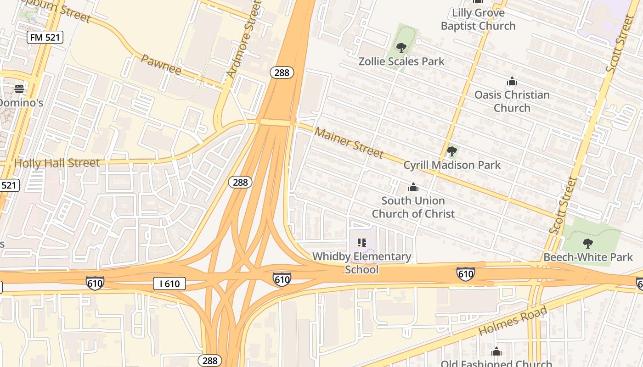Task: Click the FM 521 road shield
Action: click(x=45, y=37)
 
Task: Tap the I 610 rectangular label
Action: click(x=169, y=284)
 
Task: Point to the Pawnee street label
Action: click(x=161, y=65)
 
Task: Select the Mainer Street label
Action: click(x=349, y=142)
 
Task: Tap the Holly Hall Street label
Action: click(x=56, y=163)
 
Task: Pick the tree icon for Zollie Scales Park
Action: click(x=401, y=47)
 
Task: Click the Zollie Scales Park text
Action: click(x=401, y=61)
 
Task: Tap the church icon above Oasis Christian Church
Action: click(x=512, y=82)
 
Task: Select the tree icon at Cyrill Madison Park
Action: click(x=451, y=151)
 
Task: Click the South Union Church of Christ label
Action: click(x=413, y=207)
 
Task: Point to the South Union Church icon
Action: click(x=413, y=187)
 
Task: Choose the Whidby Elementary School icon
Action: click(x=362, y=242)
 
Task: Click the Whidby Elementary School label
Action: click(x=362, y=263)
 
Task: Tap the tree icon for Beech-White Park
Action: click(x=587, y=243)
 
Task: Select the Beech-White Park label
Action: click(x=588, y=257)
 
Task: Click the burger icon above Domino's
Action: click(x=19, y=89)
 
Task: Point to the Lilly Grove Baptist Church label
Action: click(x=478, y=19)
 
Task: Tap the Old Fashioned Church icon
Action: click(x=496, y=352)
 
